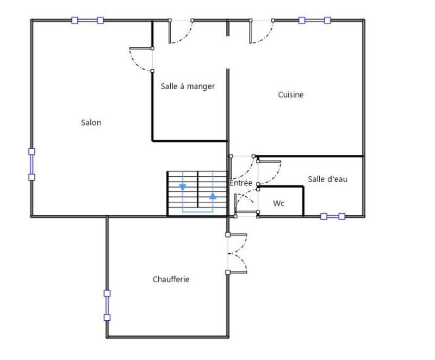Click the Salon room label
(91, 123)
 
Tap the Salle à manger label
(188, 86)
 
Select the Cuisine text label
(290, 95)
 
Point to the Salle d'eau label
(327, 179)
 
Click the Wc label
(278, 203)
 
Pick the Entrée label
(240, 183)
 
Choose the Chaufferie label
(171, 280)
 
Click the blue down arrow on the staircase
(183, 187)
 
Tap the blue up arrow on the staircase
(213, 196)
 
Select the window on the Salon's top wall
(88, 21)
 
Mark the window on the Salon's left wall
(32, 164)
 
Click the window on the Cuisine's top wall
(314, 21)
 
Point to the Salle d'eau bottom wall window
(333, 216)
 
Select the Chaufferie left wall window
(107, 305)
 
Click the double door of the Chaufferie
(237, 253)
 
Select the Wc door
(246, 202)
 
